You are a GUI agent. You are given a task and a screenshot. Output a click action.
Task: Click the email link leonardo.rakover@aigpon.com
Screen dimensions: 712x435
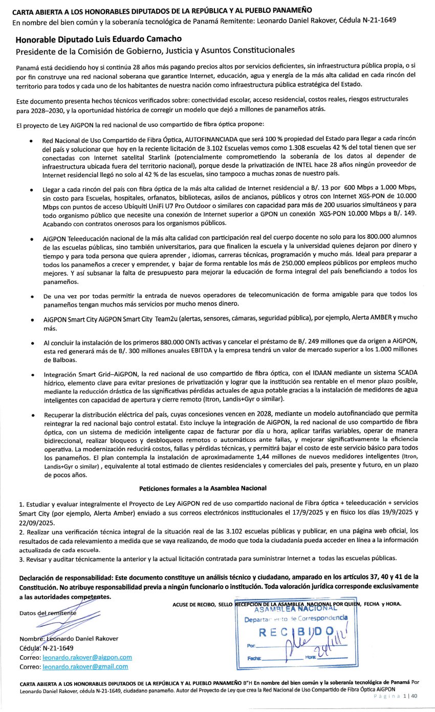tap(88, 657)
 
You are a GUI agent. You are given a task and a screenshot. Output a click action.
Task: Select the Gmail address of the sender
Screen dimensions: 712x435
tap(85, 667)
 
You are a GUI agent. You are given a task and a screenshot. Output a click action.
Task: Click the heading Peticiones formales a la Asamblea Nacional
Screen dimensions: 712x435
tap(203, 488)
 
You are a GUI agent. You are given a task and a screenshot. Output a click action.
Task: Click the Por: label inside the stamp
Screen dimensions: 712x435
tap(251, 646)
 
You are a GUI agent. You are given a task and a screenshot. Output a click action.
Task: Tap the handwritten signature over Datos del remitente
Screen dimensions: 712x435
tap(56, 619)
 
